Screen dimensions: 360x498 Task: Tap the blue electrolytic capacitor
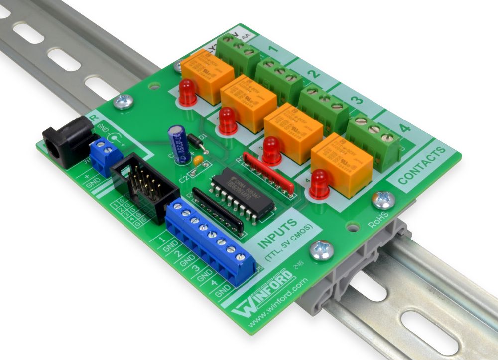coord(177,141)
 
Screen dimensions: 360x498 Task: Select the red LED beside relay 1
coord(187,92)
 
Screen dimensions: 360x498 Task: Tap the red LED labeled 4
coord(320,183)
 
